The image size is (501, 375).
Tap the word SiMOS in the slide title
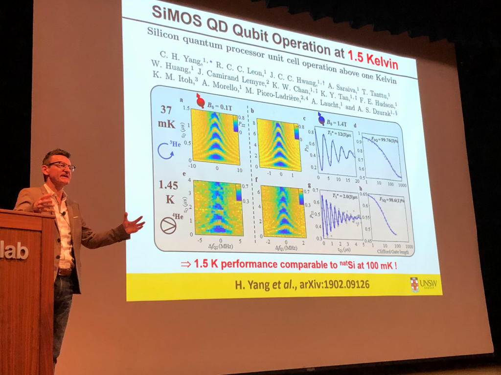click(x=174, y=14)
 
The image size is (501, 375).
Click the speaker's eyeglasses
click(x=62, y=166)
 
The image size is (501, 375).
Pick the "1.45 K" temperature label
click(x=168, y=192)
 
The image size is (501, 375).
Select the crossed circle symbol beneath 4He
click(x=168, y=225)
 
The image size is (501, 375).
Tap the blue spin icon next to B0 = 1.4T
click(x=321, y=118)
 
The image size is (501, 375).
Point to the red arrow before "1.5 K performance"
click(x=185, y=264)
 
